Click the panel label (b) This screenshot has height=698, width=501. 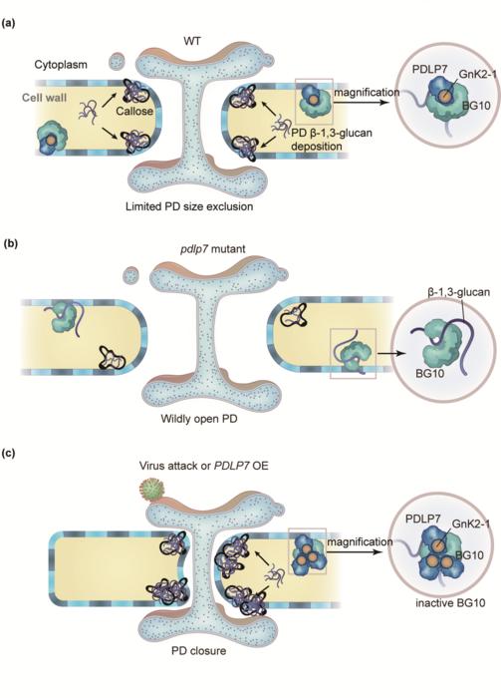pyautogui.click(x=14, y=240)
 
